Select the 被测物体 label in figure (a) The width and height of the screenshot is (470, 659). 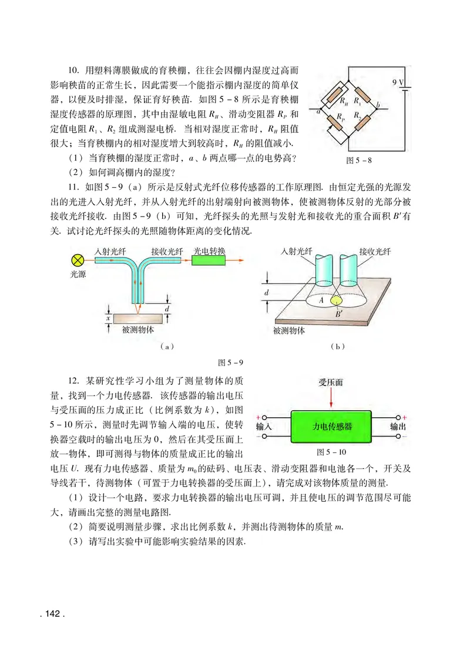139,330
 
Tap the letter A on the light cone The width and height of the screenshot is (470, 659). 321,299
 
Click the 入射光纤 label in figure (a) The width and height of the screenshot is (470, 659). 111,251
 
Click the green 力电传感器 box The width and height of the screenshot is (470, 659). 333,427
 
